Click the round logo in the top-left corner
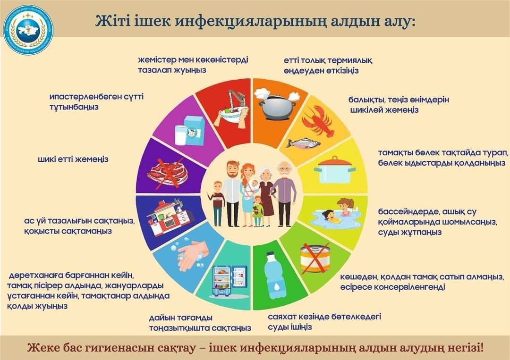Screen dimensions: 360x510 (x=27, y=30)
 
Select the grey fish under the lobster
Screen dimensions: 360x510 (x=303, y=142)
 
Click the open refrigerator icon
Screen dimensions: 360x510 (x=229, y=281)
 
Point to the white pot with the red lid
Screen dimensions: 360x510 (x=335, y=171)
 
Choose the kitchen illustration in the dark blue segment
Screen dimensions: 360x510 (x=170, y=218)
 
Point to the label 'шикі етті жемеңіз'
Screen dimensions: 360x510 (x=73, y=159)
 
